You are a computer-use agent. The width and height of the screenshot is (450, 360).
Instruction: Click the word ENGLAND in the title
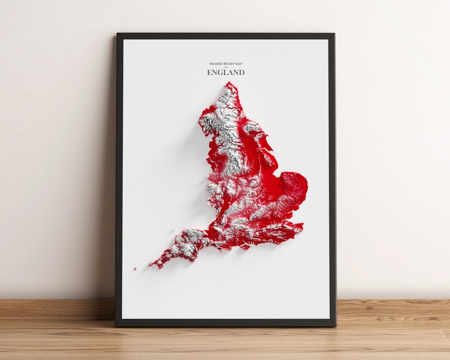tap(226, 73)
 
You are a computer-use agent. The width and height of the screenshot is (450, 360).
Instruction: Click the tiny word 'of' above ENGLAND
tap(226, 67)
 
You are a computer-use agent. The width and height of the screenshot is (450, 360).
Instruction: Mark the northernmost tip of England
tap(230, 83)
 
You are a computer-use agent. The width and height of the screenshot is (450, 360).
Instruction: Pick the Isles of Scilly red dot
tap(135, 269)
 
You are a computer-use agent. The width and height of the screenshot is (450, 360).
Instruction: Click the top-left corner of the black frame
tap(117, 34)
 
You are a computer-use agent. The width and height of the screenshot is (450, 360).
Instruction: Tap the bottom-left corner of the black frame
tap(116, 325)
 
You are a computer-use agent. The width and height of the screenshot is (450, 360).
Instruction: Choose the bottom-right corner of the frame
tap(335, 325)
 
